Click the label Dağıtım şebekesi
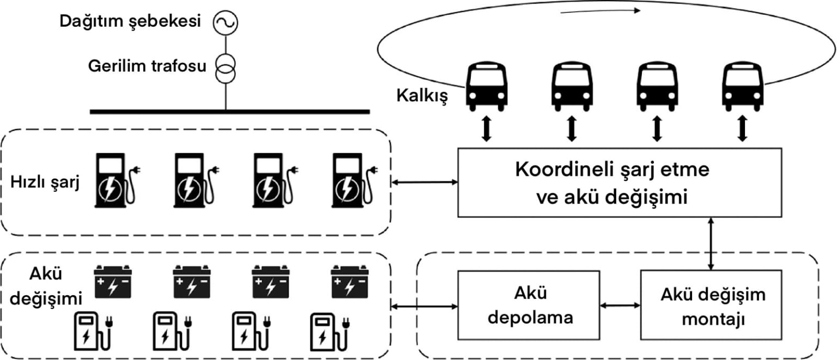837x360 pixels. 131,22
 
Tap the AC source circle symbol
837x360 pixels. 225,22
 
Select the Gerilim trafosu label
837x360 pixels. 148,67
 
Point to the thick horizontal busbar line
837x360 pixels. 229,112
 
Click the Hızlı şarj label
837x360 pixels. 46,182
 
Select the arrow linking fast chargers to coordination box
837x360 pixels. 425,182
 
